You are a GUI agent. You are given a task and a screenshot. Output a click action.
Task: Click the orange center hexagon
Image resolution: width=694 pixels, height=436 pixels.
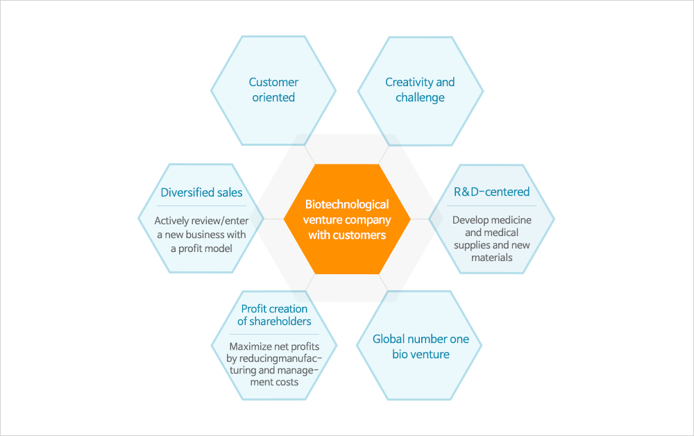(347, 219)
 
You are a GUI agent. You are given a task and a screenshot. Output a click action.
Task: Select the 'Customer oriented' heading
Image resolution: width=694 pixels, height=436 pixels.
(273, 90)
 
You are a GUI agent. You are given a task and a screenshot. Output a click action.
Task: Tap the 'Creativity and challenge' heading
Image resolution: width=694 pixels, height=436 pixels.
(420, 90)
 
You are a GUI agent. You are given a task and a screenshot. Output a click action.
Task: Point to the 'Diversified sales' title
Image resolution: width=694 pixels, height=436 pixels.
(201, 192)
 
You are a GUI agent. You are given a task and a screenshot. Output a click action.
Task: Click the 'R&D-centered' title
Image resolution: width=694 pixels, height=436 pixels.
(492, 192)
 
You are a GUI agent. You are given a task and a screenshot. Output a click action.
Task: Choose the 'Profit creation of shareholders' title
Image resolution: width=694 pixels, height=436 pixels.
(274, 315)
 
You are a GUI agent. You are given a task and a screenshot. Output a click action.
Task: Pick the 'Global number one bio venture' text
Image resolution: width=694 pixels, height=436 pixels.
(421, 346)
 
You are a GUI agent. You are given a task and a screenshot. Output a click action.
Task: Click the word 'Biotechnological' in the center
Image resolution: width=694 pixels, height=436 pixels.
(347, 205)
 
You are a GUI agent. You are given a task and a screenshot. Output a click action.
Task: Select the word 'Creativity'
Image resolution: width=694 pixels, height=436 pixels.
(409, 83)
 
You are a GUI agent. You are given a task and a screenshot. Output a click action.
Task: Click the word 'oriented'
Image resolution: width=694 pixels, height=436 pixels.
(273, 97)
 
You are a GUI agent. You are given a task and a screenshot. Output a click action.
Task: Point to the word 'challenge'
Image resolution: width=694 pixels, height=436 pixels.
(420, 97)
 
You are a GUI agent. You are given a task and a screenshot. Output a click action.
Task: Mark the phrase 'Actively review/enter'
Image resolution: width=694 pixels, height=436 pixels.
(201, 221)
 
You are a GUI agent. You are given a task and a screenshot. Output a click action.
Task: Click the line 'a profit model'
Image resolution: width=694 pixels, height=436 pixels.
(201, 249)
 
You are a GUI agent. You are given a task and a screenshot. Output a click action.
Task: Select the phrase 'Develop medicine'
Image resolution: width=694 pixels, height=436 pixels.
(492, 220)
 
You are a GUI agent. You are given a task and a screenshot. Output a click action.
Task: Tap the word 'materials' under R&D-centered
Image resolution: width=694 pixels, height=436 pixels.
(492, 258)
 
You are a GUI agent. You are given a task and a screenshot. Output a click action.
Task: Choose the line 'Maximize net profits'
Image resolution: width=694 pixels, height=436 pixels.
(274, 346)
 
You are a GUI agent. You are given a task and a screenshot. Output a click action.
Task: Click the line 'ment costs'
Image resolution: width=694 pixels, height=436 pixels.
(274, 382)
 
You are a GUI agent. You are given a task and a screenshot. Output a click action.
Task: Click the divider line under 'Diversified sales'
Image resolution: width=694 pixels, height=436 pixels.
(201, 206)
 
